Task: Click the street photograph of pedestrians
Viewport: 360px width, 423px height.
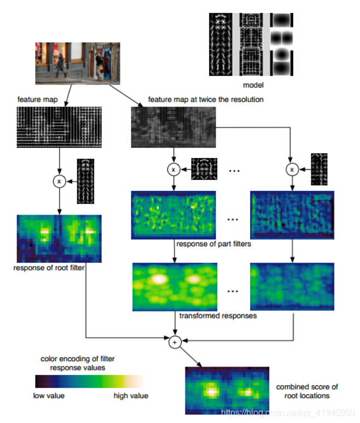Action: click(x=77, y=63)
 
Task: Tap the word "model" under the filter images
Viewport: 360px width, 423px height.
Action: click(x=253, y=85)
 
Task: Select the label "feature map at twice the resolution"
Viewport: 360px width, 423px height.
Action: click(x=206, y=100)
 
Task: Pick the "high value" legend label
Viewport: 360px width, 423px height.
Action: click(x=131, y=396)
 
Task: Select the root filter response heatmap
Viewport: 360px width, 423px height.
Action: click(x=60, y=239)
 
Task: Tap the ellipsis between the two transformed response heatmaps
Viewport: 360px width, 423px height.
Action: click(x=234, y=291)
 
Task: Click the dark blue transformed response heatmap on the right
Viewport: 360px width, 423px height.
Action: click(x=291, y=287)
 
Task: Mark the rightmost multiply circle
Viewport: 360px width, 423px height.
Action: click(x=292, y=170)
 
